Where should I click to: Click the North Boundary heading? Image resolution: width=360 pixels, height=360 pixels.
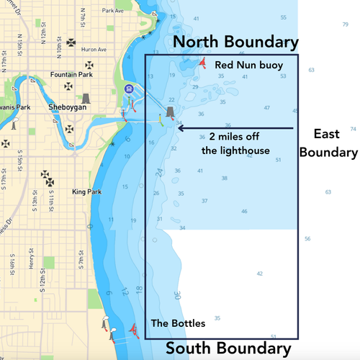[x=235, y=42]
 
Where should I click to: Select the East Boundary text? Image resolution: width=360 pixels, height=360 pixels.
[x=328, y=143]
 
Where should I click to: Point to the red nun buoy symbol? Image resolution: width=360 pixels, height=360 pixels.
[x=203, y=63]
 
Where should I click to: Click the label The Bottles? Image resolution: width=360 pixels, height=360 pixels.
[x=178, y=323]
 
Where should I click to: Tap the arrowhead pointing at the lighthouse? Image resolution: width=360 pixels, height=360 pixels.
[x=179, y=128]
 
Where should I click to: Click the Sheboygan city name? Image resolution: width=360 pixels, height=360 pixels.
[x=67, y=106]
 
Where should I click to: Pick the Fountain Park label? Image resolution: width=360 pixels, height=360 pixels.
[x=70, y=74]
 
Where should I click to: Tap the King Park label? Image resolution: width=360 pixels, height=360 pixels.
[x=88, y=192]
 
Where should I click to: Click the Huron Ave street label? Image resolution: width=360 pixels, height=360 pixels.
[x=94, y=50]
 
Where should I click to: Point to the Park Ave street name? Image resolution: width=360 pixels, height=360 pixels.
[x=113, y=12]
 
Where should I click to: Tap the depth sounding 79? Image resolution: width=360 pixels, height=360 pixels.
[x=346, y=24]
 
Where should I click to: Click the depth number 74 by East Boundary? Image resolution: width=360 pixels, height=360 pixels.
[x=352, y=130]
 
